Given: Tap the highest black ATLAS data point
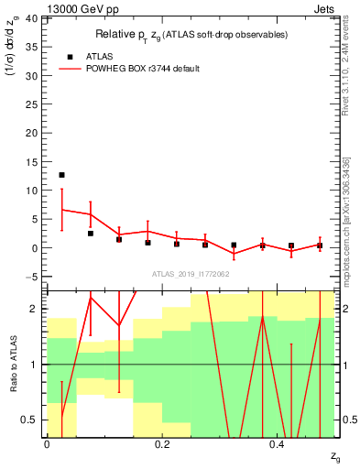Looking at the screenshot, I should click(x=61, y=175).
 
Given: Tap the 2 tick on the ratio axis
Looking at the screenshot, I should click(x=36, y=310).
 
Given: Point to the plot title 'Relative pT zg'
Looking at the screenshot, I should click(x=191, y=35).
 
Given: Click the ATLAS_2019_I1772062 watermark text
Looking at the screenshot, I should click(x=191, y=273).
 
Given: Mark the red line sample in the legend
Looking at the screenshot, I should click(x=70, y=69).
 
